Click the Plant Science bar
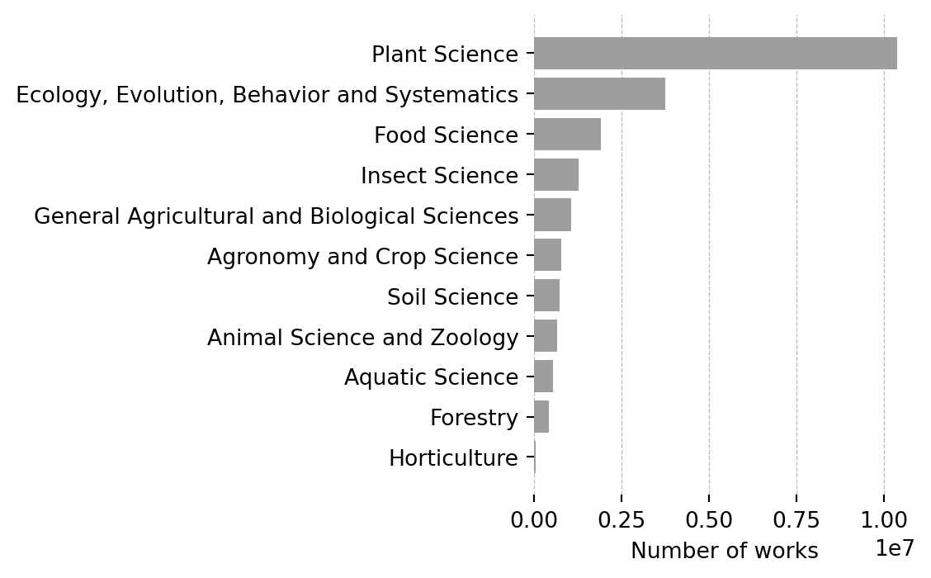tap(715, 54)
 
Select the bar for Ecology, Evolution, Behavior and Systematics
tap(599, 94)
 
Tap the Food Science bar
tap(567, 135)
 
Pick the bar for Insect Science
tap(556, 175)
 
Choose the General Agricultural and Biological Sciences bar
tap(552, 216)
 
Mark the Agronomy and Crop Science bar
tap(547, 256)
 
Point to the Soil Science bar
tap(546, 296)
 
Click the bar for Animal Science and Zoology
tap(546, 336)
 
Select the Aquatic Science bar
tap(543, 377)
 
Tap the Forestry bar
tap(541, 417)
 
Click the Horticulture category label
tap(453, 458)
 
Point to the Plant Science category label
tap(445, 54)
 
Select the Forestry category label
tap(474, 418)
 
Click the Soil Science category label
tap(452, 296)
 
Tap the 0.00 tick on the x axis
tap(534, 520)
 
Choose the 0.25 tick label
tap(621, 520)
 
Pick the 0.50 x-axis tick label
tap(709, 520)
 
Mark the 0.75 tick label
tap(796, 520)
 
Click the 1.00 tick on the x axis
tap(884, 520)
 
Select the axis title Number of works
tap(724, 551)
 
